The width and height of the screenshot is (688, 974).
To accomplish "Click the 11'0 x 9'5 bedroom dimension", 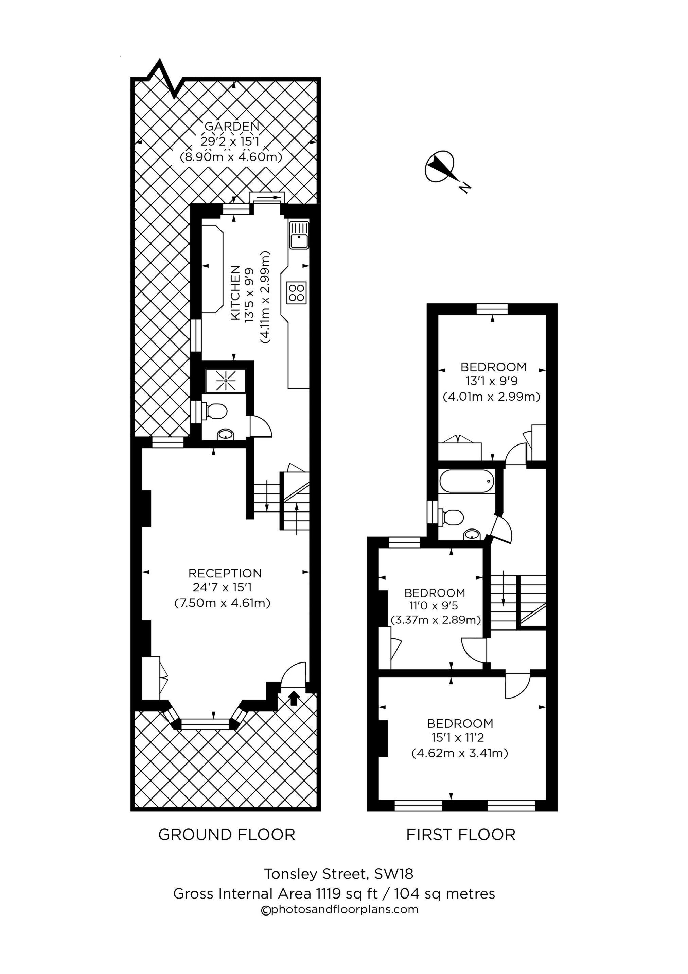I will pos(435,606).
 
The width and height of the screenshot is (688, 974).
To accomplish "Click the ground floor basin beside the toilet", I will pos(225,434).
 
